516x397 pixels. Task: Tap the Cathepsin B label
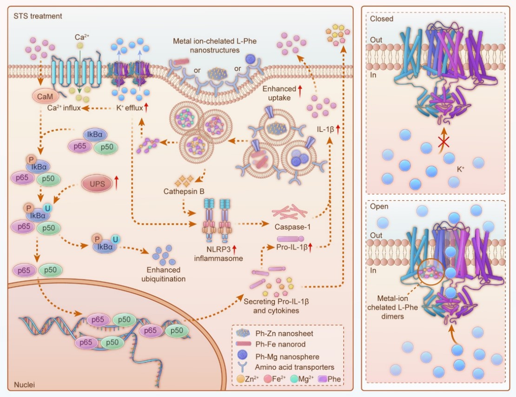click(182, 191)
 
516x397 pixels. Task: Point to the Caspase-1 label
click(292, 227)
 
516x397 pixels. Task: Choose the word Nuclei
click(23, 384)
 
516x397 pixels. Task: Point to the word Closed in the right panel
click(382, 19)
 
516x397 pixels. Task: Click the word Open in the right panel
click(379, 206)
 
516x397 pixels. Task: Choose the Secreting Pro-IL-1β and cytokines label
click(277, 305)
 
